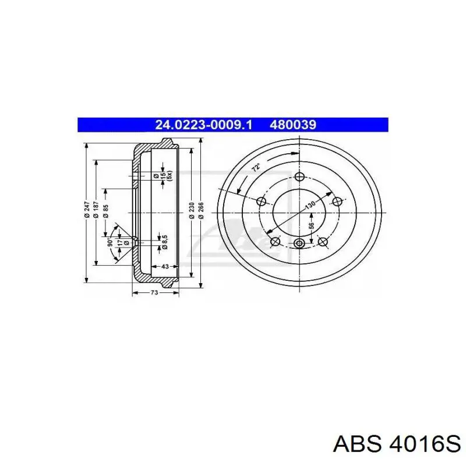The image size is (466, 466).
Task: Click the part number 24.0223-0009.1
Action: coord(203,125)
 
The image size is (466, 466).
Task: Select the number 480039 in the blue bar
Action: coord(293,125)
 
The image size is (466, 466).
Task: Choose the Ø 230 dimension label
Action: coord(192,210)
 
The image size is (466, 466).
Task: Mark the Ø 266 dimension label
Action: coord(201,210)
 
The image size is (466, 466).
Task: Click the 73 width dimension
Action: coord(154,293)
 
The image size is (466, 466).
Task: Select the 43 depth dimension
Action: coord(165,267)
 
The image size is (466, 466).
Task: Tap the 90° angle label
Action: coord(110,242)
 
